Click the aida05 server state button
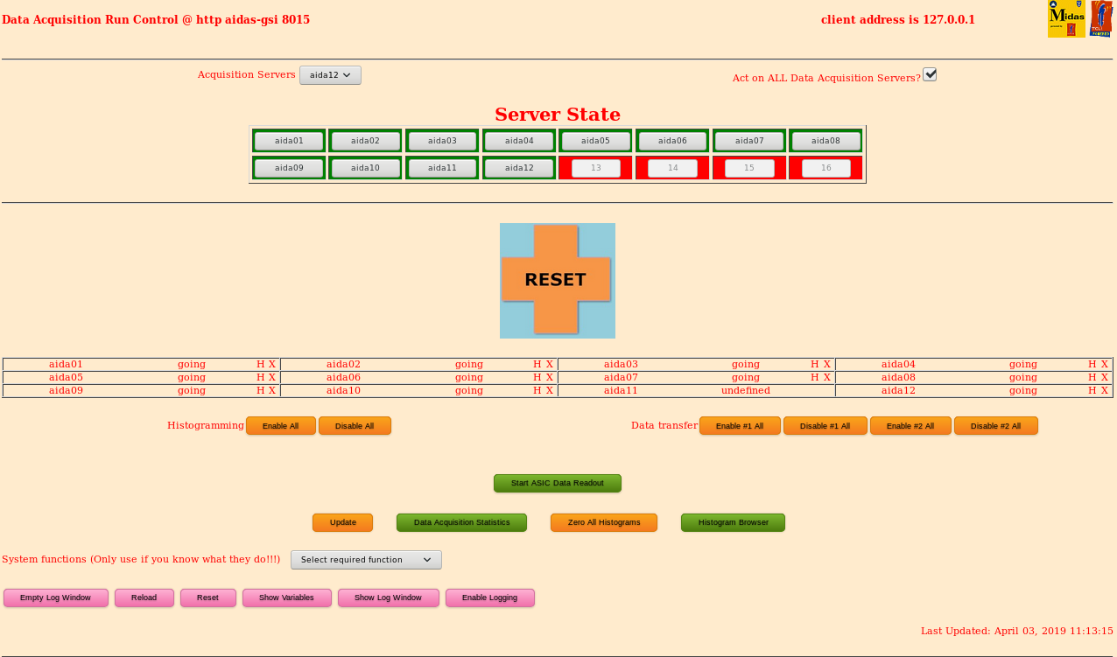[595, 141]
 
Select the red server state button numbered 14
[672, 168]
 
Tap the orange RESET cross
[557, 280]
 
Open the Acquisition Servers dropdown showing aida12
[330, 75]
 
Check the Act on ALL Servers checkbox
[930, 74]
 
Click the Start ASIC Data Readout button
[557, 483]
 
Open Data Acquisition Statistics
[461, 522]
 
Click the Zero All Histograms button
[603, 522]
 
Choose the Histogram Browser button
[733, 522]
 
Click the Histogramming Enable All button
[280, 426]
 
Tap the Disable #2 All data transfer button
[995, 426]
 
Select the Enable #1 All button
[740, 426]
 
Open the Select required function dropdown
[366, 560]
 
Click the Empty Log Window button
[55, 598]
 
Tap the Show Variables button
[286, 598]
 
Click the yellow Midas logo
[1066, 18]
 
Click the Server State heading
[557, 115]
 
